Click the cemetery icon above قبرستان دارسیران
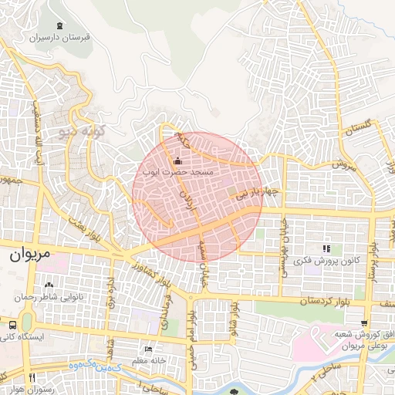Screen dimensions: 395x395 click(x=59, y=25)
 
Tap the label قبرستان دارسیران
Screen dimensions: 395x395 click(x=60, y=36)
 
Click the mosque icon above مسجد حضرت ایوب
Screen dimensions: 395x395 click(x=179, y=161)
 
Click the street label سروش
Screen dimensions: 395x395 click(x=344, y=164)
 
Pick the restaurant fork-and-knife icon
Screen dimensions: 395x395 click(x=32, y=377)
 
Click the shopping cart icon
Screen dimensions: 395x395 click(x=364, y=322)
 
